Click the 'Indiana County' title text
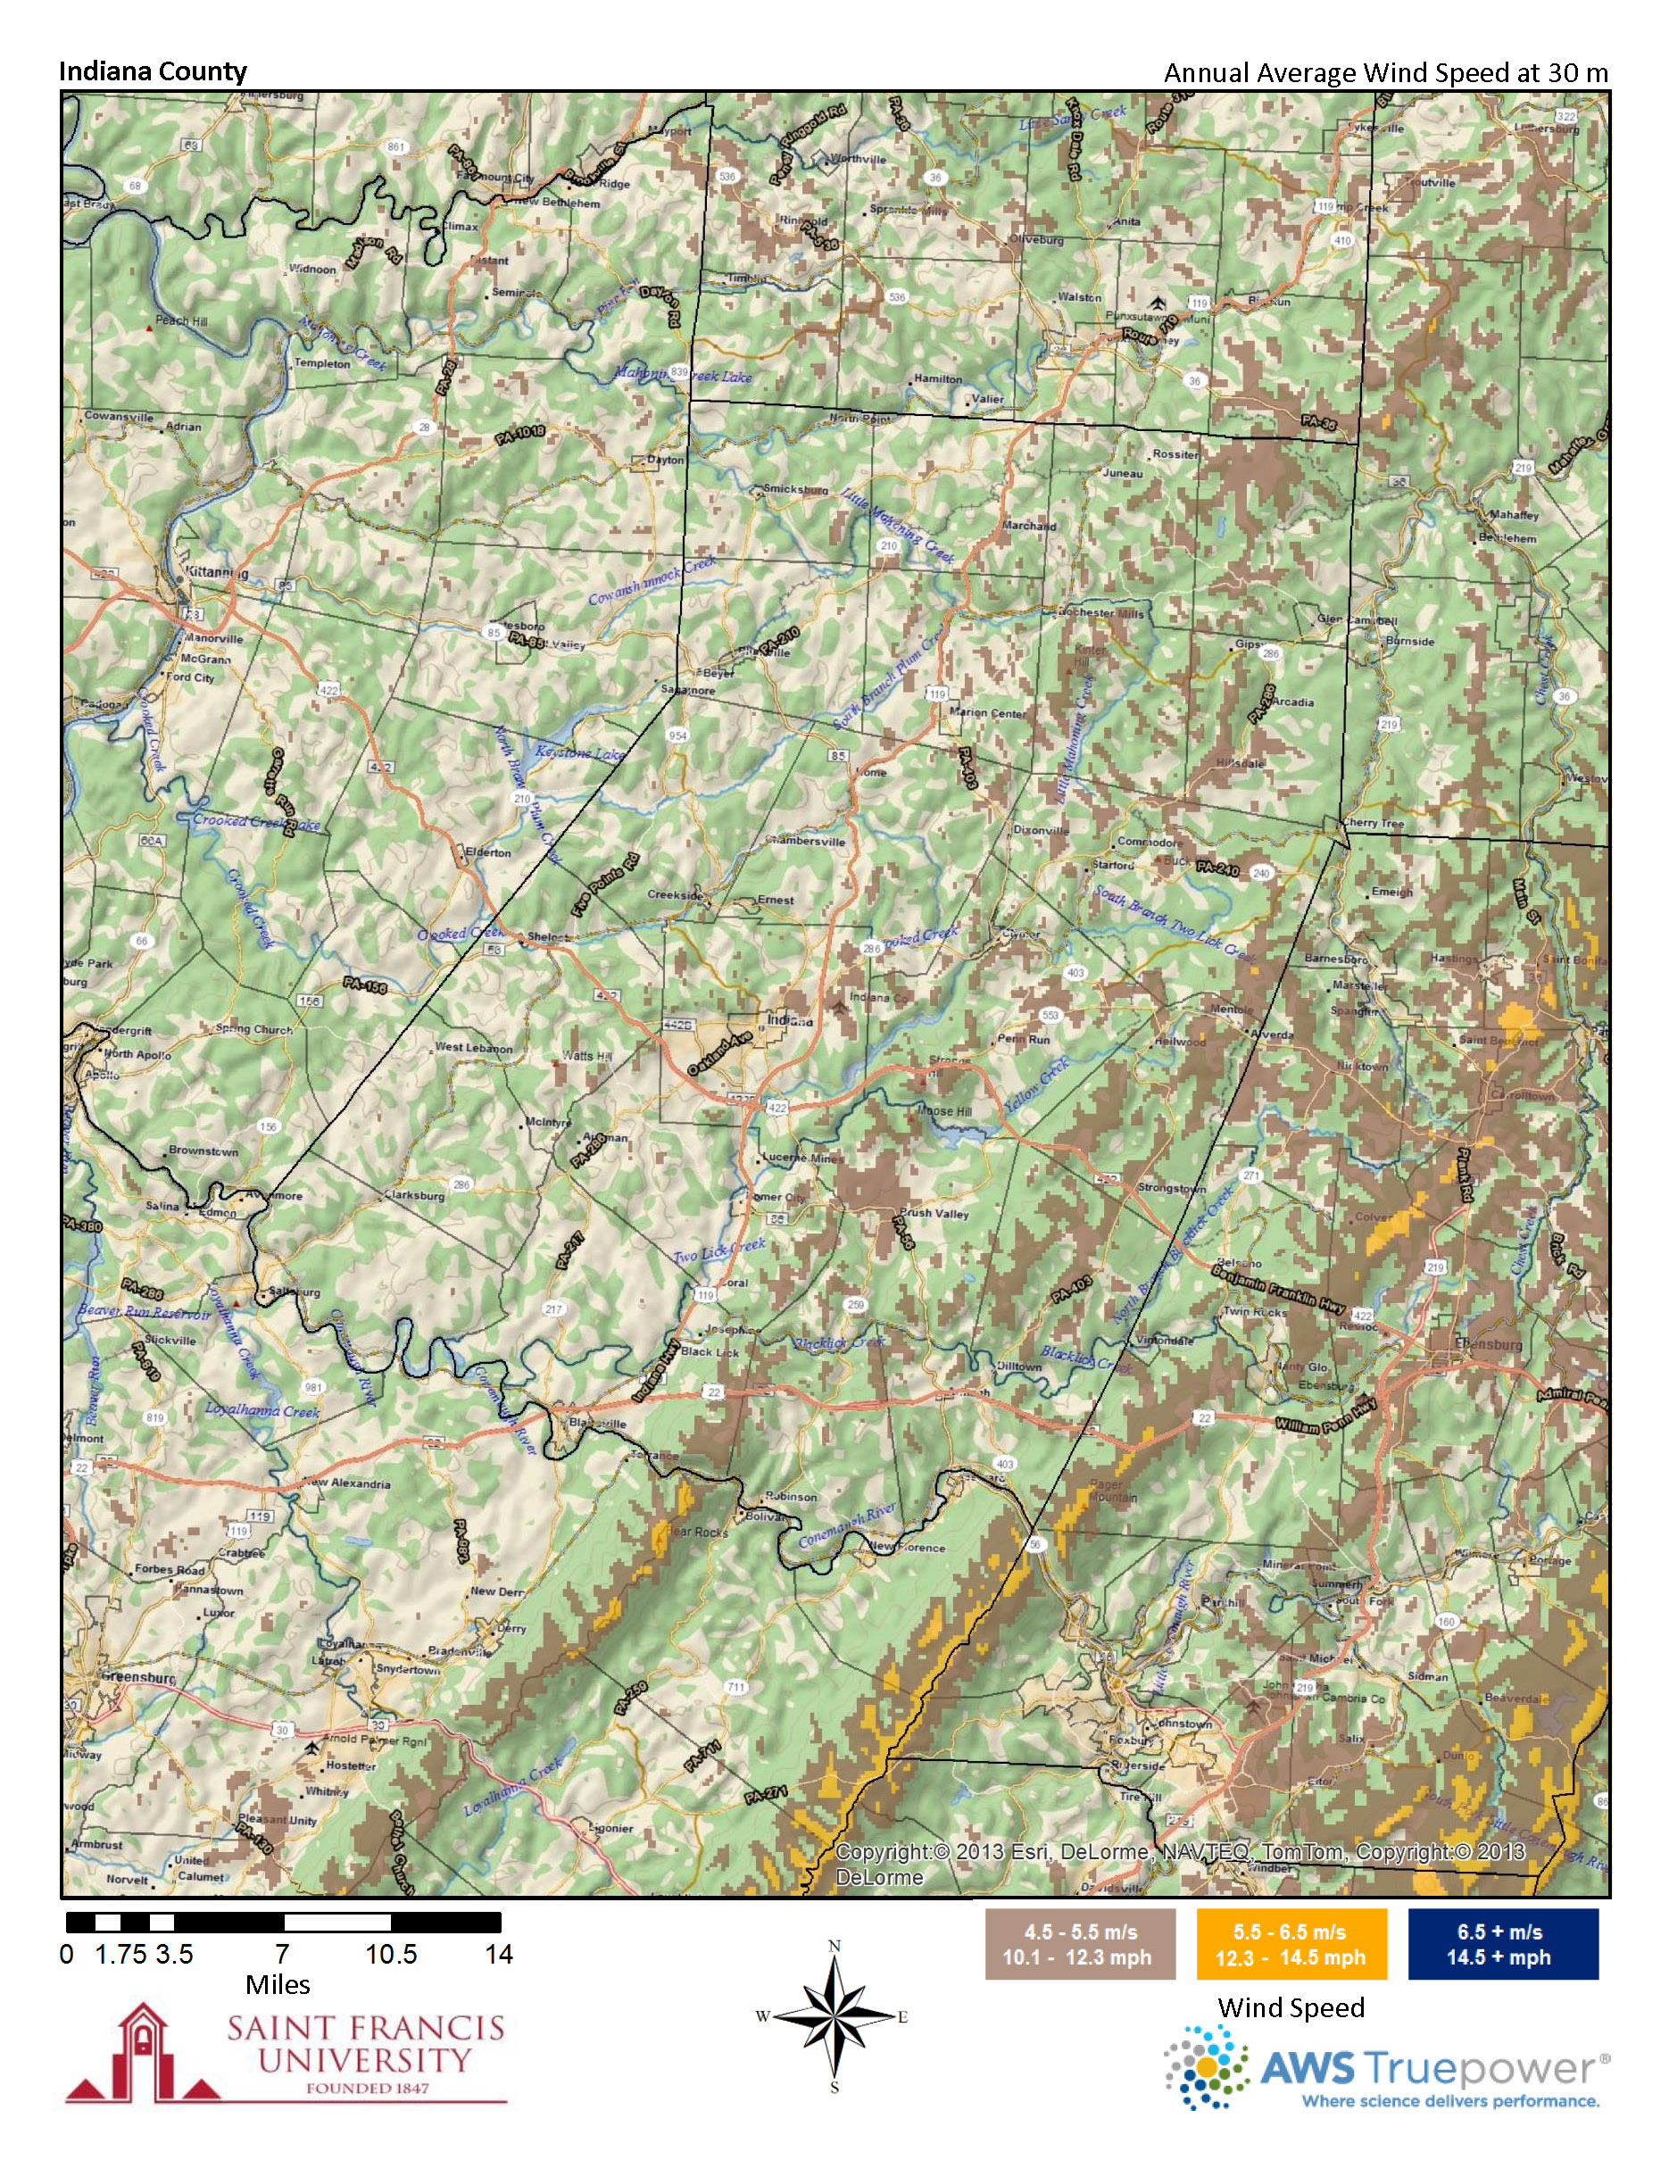pos(153,71)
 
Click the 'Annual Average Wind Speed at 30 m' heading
pos(1385,73)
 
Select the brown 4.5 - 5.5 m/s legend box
pos(1080,1943)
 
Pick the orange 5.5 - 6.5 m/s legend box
pos(1291,1943)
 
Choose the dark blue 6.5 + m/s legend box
pos(1502,1943)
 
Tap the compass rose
pos(834,2016)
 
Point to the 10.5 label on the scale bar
pos(392,1955)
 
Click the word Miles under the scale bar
pos(278,1984)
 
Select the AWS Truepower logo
pos(1384,2067)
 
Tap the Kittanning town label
pos(216,573)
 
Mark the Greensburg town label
pos(138,1677)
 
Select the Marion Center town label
pos(987,712)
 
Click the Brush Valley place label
pos(934,1214)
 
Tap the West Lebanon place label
pos(474,1047)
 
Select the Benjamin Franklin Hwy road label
pos(1281,1285)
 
